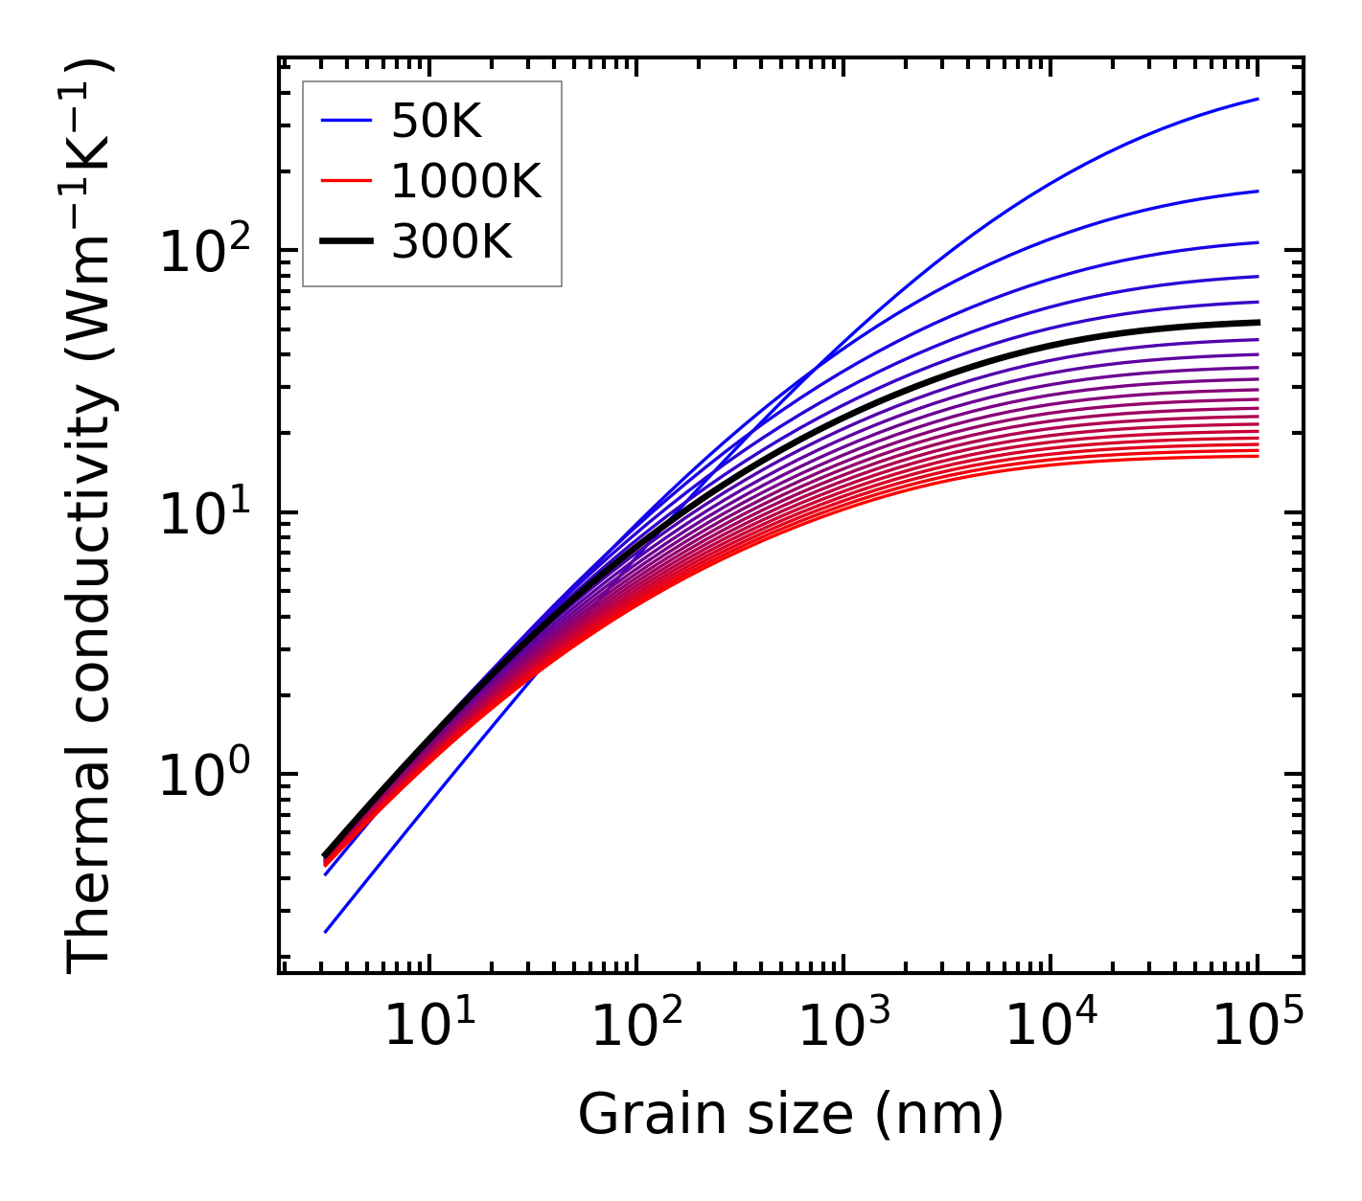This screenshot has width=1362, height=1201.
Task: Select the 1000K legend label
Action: click(x=466, y=181)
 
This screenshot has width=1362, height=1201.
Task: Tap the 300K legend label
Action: click(x=451, y=242)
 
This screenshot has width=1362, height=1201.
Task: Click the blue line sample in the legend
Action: click(x=346, y=121)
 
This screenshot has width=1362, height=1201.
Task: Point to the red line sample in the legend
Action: click(x=346, y=181)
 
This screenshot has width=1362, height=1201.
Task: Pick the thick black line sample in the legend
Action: click(x=346, y=242)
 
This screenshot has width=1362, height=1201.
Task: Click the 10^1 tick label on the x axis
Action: click(x=427, y=1027)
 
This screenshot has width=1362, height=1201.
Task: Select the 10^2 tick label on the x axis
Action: click(x=635, y=1027)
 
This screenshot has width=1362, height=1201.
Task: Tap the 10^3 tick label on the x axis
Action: click(x=843, y=1027)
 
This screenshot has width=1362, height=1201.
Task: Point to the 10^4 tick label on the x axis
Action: click(x=1050, y=1027)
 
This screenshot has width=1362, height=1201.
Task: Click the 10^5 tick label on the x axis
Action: click(x=1258, y=1027)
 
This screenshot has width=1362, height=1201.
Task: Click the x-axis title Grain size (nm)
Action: click(x=791, y=1114)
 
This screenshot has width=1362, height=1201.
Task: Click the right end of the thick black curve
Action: click(x=1257, y=323)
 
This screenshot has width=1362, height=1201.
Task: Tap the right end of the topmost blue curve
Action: click(x=1257, y=99)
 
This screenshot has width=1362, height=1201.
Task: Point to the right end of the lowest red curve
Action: click(x=1257, y=456)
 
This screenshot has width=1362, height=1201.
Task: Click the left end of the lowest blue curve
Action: click(x=326, y=931)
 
